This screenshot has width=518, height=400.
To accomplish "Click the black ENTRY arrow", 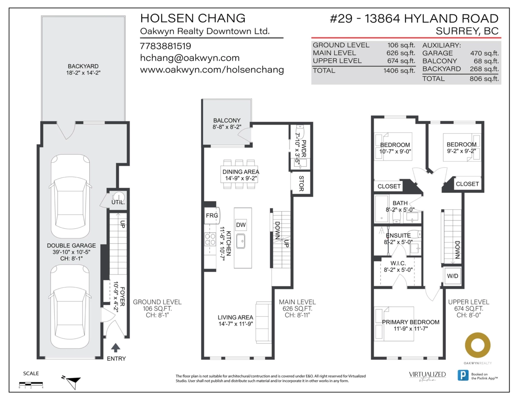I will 116,347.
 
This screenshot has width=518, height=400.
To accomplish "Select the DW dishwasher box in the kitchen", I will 241,224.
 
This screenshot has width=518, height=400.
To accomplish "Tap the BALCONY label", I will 227,120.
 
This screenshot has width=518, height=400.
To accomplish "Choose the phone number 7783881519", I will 165,46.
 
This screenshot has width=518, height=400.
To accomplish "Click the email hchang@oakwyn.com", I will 190,58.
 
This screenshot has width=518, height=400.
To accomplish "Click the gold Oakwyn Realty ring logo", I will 477,345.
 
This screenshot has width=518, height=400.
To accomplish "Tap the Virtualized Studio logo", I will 427,375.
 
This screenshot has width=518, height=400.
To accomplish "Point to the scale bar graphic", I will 31,383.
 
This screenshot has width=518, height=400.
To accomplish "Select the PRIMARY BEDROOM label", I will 411,322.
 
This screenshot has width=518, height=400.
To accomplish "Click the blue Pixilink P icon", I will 463,375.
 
